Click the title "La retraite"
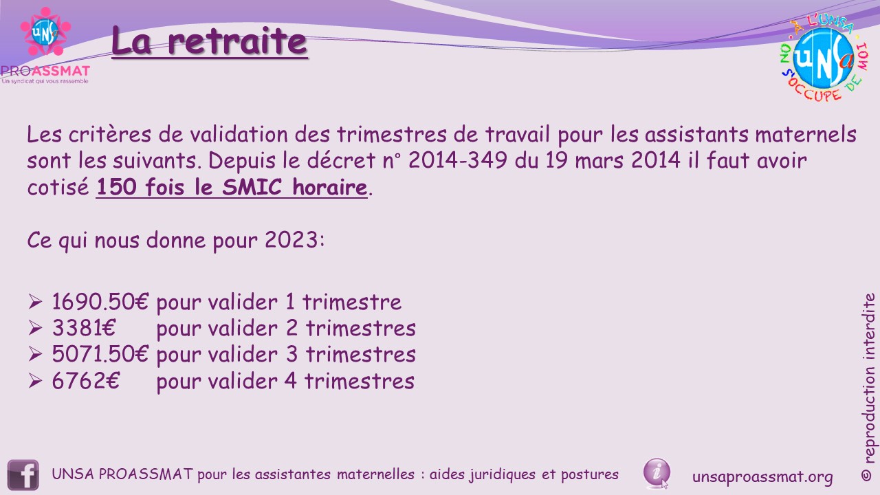tap(209, 41)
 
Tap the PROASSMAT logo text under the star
tap(45, 71)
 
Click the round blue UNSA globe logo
tap(824, 58)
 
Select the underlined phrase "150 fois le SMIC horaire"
tap(232, 187)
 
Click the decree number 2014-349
tap(458, 160)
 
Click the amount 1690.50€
tap(100, 302)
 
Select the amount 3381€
tap(84, 328)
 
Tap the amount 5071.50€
tap(100, 354)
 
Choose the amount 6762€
tap(86, 381)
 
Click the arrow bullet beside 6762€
tap(35, 381)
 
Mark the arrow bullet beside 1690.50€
tap(35, 302)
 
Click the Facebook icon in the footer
tap(23, 475)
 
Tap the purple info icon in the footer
tap(657, 472)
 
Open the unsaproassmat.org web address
tap(762, 476)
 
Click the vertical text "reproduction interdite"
tap(868, 378)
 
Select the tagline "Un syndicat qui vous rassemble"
tap(45, 81)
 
